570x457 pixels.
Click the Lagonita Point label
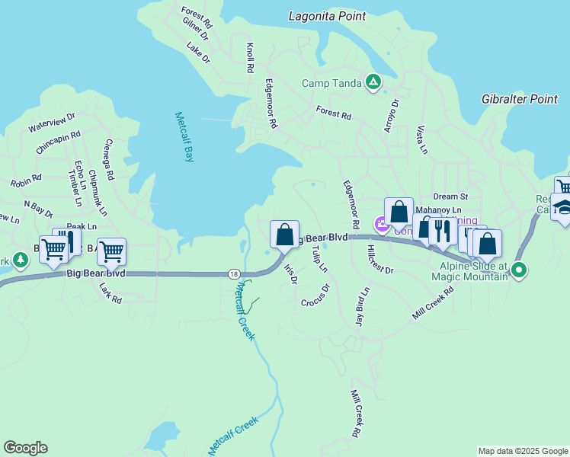coord(328,16)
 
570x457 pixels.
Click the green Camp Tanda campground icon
coord(373,82)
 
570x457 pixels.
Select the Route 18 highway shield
coord(234,273)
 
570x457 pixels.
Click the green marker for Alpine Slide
coord(519,270)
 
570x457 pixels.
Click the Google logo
coord(25,448)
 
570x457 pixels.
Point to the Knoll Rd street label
coord(249,58)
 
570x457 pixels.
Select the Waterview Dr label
coord(53,122)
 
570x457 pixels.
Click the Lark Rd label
coord(111,294)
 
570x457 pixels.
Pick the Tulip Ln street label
coord(319,259)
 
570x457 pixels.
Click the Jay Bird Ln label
coord(362,307)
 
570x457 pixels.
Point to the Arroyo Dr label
coord(390,115)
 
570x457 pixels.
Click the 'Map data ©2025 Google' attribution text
coord(523,451)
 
